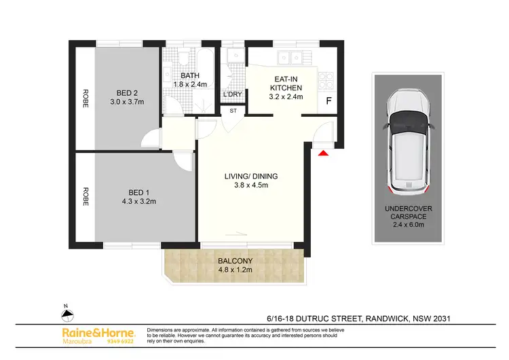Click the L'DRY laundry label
[x=233, y=94]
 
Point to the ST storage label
[x=233, y=110]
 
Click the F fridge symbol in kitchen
[x=329, y=102]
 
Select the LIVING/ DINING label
[x=251, y=177]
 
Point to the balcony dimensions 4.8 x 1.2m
[x=235, y=270]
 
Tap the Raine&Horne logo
[x=98, y=334]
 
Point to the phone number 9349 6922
[x=121, y=342]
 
